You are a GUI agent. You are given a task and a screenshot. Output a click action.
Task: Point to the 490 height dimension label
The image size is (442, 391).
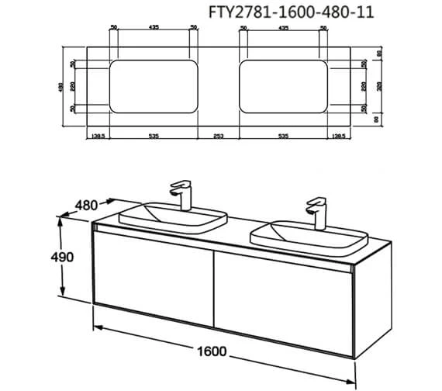pyautogui.click(x=69, y=258)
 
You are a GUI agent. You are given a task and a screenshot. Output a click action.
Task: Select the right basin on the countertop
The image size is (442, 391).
pyautogui.click(x=308, y=234)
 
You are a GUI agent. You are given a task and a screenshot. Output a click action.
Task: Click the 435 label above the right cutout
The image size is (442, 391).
pyautogui.click(x=284, y=28)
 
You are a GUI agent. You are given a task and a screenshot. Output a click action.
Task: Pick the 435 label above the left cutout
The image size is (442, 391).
pyautogui.click(x=153, y=28)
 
